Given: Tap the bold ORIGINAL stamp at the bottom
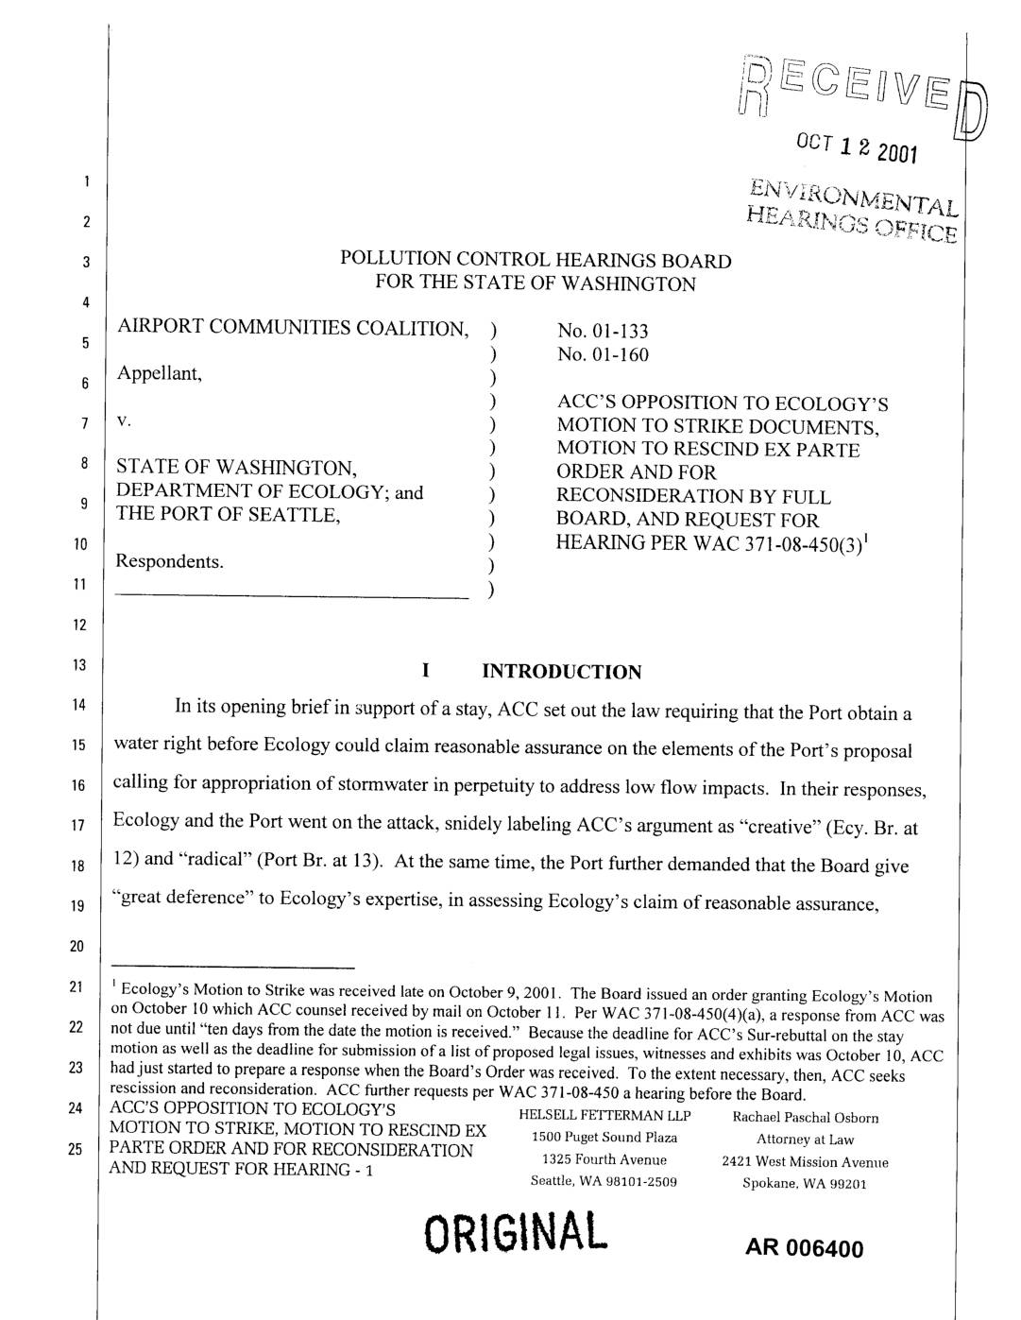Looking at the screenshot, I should (513, 1233).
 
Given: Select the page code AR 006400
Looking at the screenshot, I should (804, 1249).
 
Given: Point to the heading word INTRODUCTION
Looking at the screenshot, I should (561, 672).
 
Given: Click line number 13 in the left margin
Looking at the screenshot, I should (84, 665).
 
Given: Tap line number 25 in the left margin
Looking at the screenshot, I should (84, 1149).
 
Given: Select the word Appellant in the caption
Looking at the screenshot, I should (159, 374).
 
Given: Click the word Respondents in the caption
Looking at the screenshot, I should (170, 561).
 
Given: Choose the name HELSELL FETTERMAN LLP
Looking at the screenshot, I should (605, 1116).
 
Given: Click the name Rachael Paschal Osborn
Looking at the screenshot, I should (806, 1118).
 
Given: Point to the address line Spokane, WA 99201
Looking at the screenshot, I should (805, 1183).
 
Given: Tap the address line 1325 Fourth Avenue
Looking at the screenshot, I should (604, 1159).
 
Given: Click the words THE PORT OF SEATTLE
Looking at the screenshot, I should (227, 515).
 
